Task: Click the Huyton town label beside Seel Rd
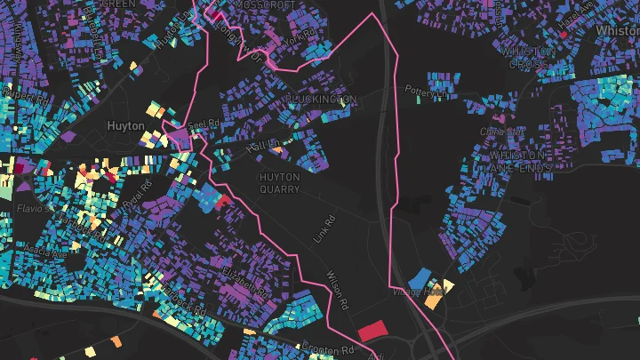[125, 126]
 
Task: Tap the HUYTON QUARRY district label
[279, 182]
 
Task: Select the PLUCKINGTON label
[321, 100]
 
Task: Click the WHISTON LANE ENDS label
[523, 161]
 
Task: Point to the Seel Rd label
[203, 125]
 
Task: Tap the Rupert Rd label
[17, 92]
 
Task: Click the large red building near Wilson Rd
[372, 331]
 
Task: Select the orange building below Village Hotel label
[433, 301]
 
